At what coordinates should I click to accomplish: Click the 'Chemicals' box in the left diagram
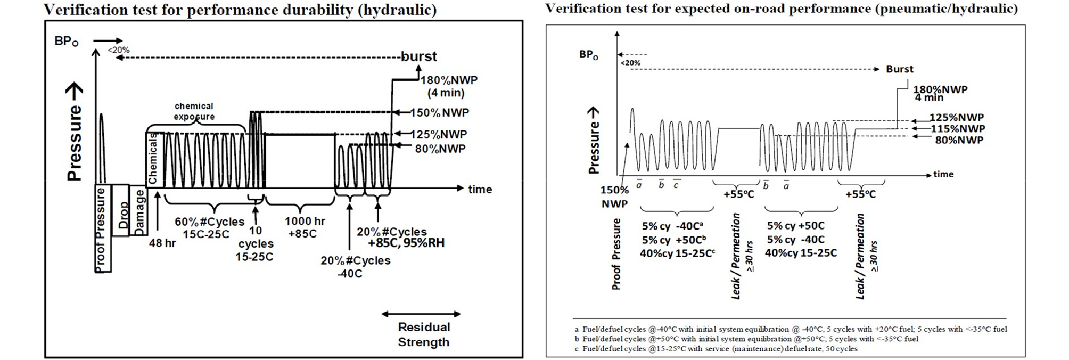(153, 159)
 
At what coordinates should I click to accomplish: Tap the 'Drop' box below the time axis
(122, 211)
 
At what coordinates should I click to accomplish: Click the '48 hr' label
(162, 243)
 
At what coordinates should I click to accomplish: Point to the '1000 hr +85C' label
(304, 227)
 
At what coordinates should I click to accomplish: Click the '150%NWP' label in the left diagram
(439, 113)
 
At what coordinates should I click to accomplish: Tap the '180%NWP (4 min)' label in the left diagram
(448, 86)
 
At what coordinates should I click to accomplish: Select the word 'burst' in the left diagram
(419, 56)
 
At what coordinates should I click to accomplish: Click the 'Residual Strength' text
(424, 334)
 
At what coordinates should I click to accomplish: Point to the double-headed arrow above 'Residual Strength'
(421, 314)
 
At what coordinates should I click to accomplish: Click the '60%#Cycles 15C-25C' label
(209, 227)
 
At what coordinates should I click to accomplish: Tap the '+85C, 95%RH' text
(406, 243)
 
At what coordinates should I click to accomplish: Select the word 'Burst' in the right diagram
(899, 69)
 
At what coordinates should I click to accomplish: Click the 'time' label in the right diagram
(943, 174)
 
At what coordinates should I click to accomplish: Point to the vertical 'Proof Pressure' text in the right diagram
(616, 254)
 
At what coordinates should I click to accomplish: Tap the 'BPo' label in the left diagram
(67, 42)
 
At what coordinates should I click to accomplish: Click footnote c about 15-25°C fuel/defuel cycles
(716, 349)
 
